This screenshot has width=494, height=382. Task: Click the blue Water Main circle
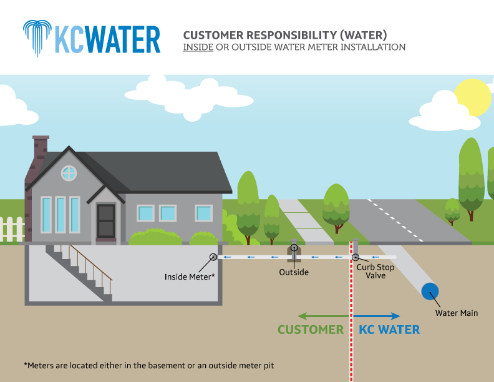(429, 291)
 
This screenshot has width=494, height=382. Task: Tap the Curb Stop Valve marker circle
(355, 257)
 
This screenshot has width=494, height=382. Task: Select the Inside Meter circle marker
(213, 257)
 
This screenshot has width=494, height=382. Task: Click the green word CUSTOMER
(311, 330)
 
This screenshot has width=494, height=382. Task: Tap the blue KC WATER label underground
(389, 330)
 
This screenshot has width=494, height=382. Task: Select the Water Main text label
(457, 313)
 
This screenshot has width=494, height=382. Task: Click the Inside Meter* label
(190, 276)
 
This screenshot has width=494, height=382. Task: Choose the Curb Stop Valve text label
(375, 271)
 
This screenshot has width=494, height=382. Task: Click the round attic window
(69, 173)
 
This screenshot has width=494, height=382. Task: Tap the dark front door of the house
(105, 220)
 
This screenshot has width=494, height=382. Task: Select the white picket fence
(12, 229)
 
